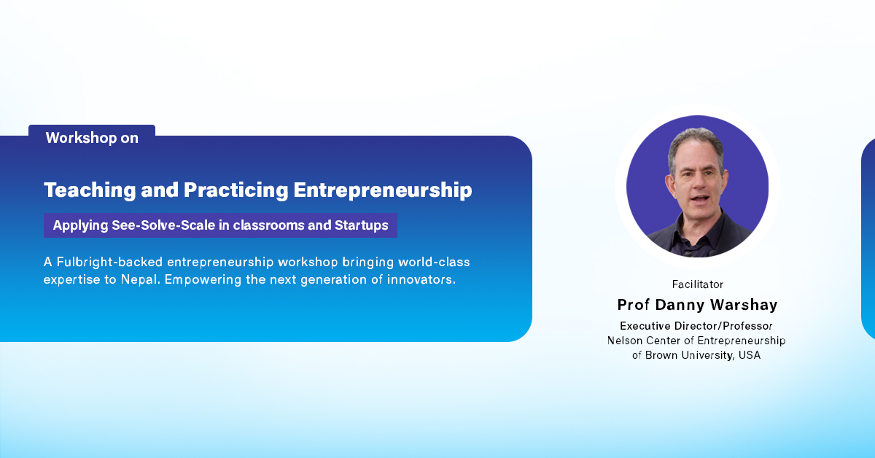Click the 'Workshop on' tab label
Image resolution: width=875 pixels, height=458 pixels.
coord(92,138)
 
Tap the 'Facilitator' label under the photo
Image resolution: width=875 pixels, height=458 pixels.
coord(697,284)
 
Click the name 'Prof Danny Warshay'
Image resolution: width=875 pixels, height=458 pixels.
coord(697,304)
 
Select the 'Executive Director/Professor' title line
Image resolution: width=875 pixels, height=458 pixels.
coord(696,326)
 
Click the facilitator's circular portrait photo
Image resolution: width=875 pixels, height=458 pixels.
coord(697,187)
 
